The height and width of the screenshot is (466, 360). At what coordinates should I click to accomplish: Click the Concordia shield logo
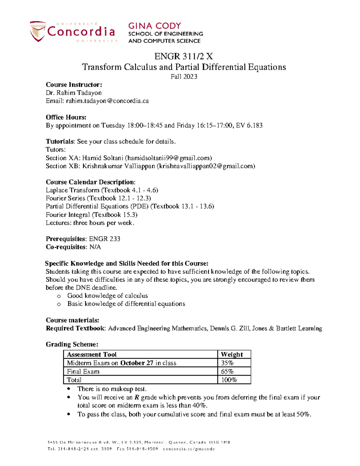pos(38,31)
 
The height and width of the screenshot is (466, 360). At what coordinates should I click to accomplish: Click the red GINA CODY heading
pos(154,26)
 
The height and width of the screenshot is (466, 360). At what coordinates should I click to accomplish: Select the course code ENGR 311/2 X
pos(184,56)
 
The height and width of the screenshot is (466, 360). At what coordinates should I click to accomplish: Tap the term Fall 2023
pos(184,77)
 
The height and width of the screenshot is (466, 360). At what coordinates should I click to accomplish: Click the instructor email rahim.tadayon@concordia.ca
pos(107,101)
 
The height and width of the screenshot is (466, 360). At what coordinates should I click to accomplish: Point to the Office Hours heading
pos(66,117)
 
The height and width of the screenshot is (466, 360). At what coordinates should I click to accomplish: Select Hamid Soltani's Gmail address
pos(168,158)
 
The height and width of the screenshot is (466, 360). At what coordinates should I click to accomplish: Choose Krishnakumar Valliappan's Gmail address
pos(206,166)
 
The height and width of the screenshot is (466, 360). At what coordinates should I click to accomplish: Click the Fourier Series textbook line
pos(98,198)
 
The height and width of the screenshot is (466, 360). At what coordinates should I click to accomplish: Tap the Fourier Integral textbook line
pos(91,215)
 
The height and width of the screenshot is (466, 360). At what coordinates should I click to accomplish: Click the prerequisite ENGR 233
pos(105,239)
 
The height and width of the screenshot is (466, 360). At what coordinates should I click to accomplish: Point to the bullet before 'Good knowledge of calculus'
pos(59,296)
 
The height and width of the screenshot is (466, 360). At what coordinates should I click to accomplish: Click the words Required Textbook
pos(75,328)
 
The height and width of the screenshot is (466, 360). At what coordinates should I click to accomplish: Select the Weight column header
pos(232,354)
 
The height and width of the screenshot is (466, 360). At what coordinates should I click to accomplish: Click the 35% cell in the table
pos(227,363)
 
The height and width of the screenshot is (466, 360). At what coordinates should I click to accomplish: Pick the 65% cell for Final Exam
pos(227,371)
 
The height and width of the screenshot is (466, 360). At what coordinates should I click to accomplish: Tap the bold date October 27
pos(137,363)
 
